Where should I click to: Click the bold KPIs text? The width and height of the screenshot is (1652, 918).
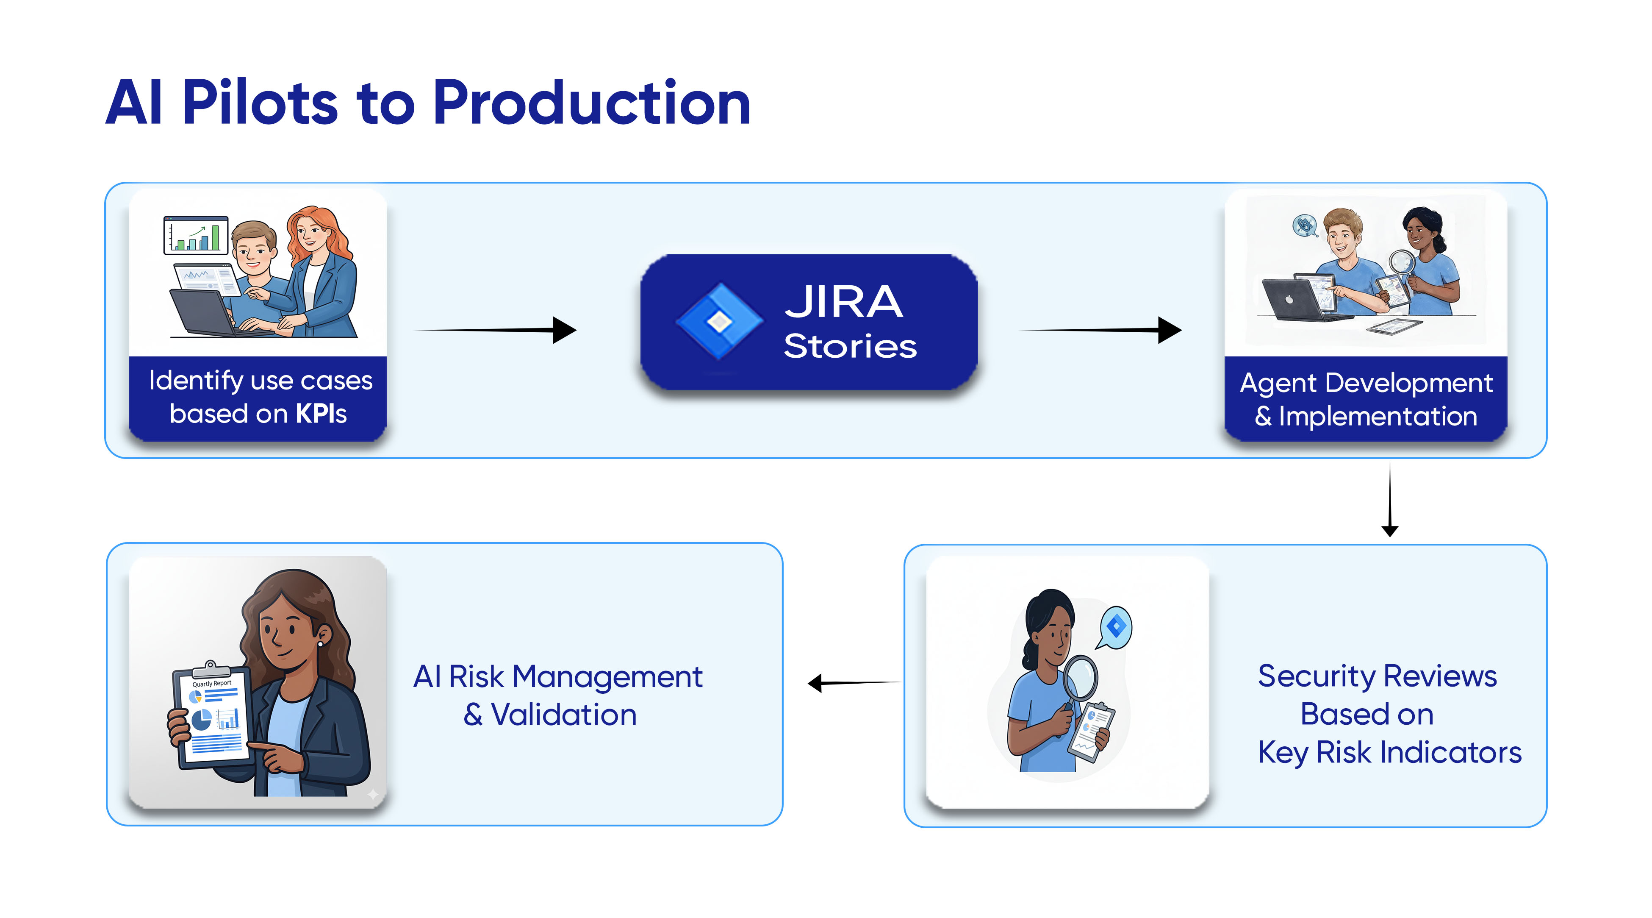[322, 414]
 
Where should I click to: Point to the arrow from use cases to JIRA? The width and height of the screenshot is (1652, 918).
[497, 331]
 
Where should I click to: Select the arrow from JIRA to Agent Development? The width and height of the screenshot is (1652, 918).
[1100, 331]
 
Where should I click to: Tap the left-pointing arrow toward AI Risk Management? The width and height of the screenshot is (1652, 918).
[853, 682]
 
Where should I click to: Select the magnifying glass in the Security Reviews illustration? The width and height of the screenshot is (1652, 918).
[1080, 680]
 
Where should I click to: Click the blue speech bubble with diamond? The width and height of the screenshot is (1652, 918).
[1116, 626]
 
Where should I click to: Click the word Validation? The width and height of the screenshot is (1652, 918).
[564, 715]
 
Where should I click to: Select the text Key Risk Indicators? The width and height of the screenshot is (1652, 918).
[1389, 752]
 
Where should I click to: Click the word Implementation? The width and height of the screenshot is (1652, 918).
[1378, 416]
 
